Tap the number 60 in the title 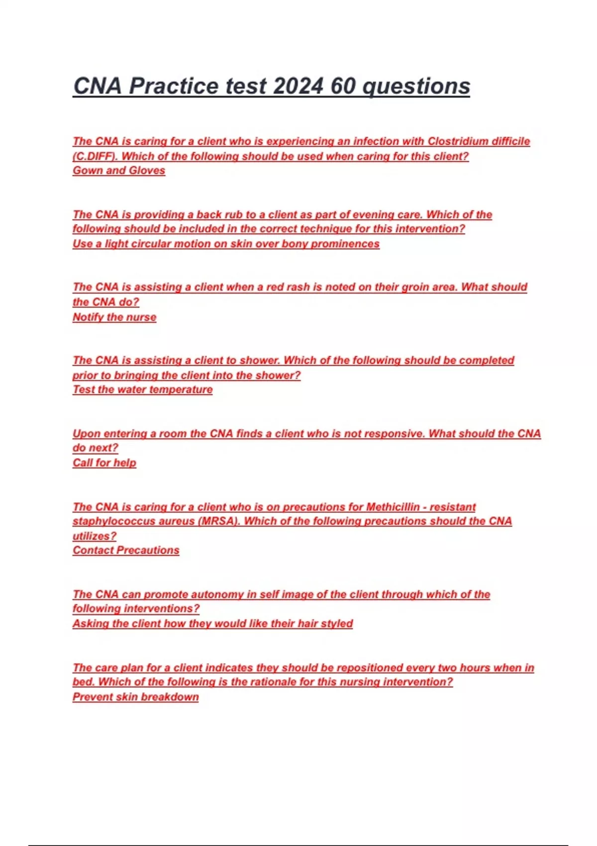(x=343, y=86)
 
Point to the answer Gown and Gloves (x=119, y=170)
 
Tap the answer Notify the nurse (x=114, y=317)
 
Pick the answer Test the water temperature (x=143, y=390)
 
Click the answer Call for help (x=104, y=463)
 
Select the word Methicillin (x=393, y=507)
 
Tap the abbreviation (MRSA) (x=219, y=521)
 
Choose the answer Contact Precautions (x=126, y=550)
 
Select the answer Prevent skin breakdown (x=136, y=697)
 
